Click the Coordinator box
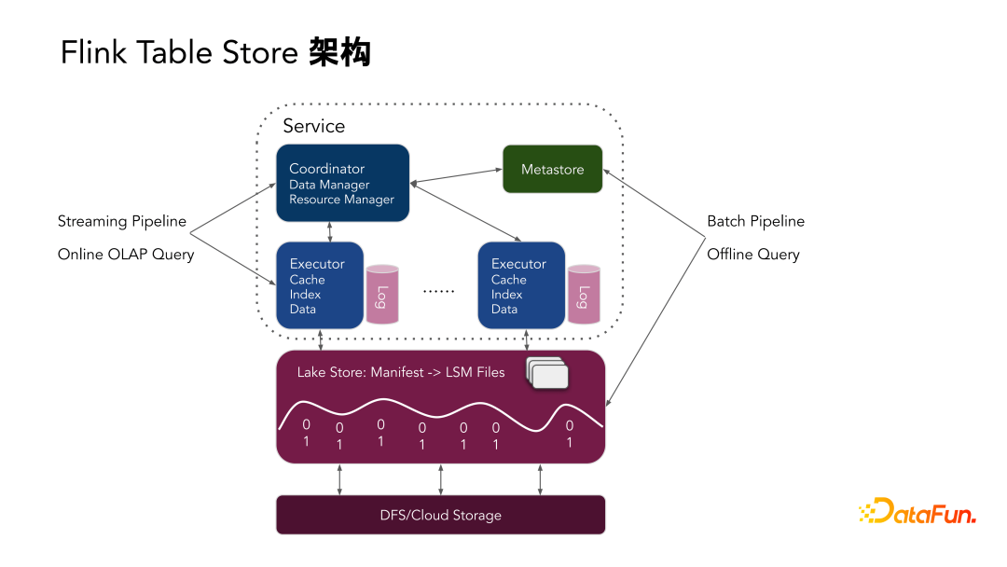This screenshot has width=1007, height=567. pos(342,183)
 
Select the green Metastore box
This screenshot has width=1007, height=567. pos(552,170)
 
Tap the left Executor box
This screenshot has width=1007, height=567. pos(319,285)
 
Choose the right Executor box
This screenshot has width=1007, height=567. pos(520,285)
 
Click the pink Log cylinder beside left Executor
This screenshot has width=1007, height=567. pos(382,294)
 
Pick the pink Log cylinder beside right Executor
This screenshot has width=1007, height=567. pos(584,294)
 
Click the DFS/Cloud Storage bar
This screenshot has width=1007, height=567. pos(440,515)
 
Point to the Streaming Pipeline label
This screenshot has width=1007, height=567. pos(122,222)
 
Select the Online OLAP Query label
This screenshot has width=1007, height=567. pos(126,255)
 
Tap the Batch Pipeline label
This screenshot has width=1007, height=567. pos(755,222)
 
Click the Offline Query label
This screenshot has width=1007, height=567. pos(753,255)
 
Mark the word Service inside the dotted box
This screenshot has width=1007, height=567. pos(313,126)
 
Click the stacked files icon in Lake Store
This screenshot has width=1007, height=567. pos(547,373)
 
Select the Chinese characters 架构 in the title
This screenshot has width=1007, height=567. pos(340,52)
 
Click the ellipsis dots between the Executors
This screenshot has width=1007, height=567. pos(438,291)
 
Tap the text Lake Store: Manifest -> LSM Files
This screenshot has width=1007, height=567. pos(401,372)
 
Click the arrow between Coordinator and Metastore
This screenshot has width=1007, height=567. pos(456,176)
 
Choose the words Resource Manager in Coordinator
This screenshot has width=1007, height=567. pos(341,200)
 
